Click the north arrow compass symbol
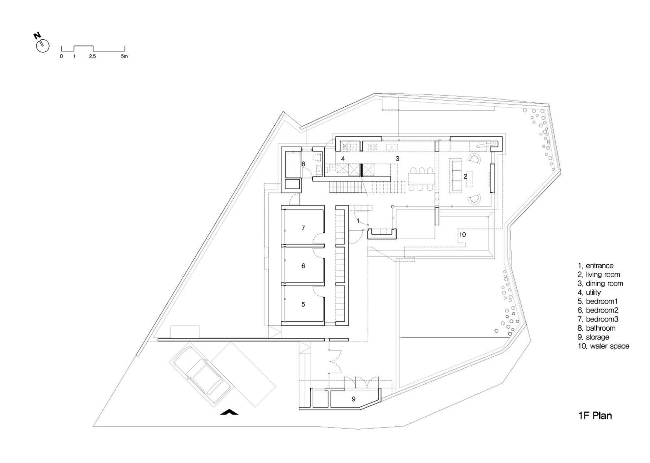(x=42, y=46)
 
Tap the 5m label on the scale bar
(x=124, y=56)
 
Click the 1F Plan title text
(x=595, y=416)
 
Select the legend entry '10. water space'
(x=604, y=346)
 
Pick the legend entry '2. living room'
(x=599, y=275)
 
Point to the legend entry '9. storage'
(x=593, y=337)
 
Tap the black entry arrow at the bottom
(x=229, y=412)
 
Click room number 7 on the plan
(x=303, y=228)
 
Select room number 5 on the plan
(x=303, y=305)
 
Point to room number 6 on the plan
(x=303, y=266)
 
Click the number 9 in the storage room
(x=354, y=399)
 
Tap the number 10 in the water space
(x=462, y=234)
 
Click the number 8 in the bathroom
(x=303, y=164)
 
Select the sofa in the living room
(x=455, y=175)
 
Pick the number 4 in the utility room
(x=343, y=159)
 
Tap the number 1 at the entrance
(x=358, y=221)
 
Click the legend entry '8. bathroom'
(x=596, y=328)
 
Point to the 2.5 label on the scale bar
(x=92, y=56)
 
